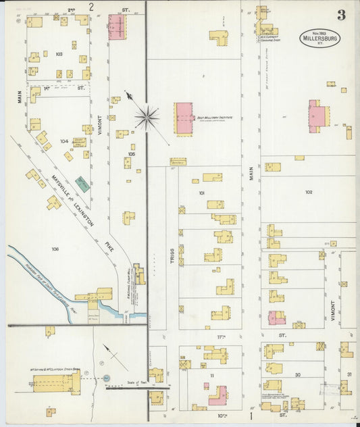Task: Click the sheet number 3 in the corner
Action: click(342, 15)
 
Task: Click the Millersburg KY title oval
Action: click(321, 38)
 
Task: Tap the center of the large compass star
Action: click(146, 118)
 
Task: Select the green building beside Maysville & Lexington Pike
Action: click(82, 182)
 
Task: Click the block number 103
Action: click(59, 53)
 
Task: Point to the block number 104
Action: click(64, 141)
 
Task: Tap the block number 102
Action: click(308, 192)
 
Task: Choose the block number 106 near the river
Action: click(55, 249)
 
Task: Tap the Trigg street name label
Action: click(173, 256)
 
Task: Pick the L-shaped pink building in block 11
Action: click(218, 393)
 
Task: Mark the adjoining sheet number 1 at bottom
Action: click(251, 407)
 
